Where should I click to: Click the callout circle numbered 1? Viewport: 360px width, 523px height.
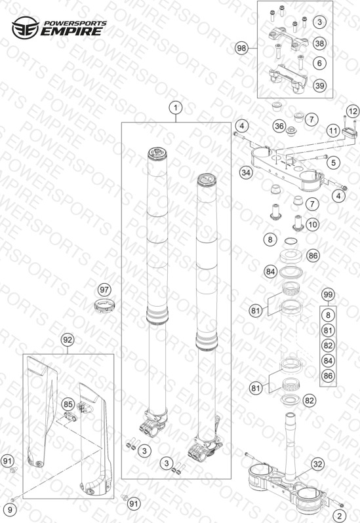(176, 107)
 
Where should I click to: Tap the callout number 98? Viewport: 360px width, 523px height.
(241, 48)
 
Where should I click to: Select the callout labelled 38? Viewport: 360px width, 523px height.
(319, 43)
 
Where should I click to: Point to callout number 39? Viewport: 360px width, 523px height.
(319, 85)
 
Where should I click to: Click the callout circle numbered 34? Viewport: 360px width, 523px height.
(246, 172)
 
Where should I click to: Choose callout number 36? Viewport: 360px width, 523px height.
(279, 126)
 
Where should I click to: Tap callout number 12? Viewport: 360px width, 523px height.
(353, 111)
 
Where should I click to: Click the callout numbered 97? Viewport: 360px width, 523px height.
(104, 290)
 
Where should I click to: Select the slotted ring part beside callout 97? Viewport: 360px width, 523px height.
(104, 306)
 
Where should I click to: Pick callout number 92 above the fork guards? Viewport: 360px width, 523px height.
(68, 340)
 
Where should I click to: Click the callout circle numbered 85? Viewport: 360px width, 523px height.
(68, 404)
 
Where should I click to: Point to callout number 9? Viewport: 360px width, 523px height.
(10, 509)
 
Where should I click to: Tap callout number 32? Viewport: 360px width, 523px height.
(317, 464)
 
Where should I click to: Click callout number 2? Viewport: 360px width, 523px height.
(340, 515)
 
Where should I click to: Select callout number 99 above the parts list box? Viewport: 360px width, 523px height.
(328, 294)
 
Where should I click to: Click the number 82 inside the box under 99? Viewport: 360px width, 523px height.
(328, 345)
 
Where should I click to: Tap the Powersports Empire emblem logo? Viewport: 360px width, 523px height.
(26, 28)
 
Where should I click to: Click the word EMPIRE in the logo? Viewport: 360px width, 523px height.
(71, 31)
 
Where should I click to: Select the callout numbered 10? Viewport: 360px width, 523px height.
(312, 224)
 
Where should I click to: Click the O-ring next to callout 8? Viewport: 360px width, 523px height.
(290, 241)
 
